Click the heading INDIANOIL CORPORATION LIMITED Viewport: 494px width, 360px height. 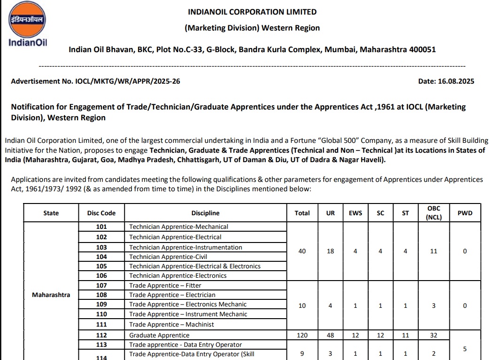[x=252, y=12]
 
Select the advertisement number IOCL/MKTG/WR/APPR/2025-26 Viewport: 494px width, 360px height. [x=128, y=81]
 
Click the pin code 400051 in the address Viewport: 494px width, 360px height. [x=421, y=49]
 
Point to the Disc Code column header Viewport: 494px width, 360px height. [x=101, y=213]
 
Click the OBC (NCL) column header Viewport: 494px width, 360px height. [x=433, y=212]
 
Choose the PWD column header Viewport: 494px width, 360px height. [x=464, y=213]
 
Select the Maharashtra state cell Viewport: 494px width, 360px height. [x=51, y=295]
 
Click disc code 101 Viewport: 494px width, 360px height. [x=101, y=227]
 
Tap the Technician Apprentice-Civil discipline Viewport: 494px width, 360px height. [x=168, y=257]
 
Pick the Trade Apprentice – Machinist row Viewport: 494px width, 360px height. [x=171, y=324]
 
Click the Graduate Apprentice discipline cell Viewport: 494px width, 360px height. [x=159, y=335]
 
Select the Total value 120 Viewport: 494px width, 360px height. [x=302, y=335]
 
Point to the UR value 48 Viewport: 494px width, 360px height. [x=330, y=335]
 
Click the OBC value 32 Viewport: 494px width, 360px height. [x=433, y=335]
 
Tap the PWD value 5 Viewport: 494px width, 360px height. [x=464, y=349]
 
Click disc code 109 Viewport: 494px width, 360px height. [x=101, y=304]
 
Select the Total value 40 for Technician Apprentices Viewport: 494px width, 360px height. [x=302, y=251]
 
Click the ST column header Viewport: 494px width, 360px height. [x=405, y=213]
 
